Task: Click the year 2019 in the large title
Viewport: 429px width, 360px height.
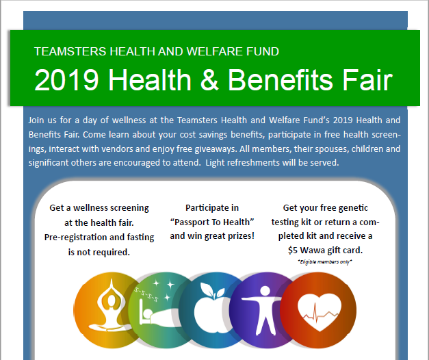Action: tap(66, 79)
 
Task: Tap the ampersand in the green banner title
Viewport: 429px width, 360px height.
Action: tap(210, 79)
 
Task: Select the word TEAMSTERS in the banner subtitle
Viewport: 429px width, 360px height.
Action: tap(70, 51)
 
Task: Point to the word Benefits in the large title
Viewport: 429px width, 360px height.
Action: tap(280, 79)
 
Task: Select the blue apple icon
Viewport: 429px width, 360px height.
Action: tap(211, 310)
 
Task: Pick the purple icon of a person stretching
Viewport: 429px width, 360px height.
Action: tap(261, 310)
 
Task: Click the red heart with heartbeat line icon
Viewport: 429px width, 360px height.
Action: tap(319, 310)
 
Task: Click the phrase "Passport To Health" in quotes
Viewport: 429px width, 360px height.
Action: tap(212, 222)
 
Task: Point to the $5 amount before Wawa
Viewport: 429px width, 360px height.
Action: tap(293, 250)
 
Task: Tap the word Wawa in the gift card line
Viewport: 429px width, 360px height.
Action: tap(312, 250)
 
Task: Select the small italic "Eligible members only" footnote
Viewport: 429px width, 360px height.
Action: tap(325, 262)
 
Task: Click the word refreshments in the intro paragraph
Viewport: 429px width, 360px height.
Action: tap(254, 163)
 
